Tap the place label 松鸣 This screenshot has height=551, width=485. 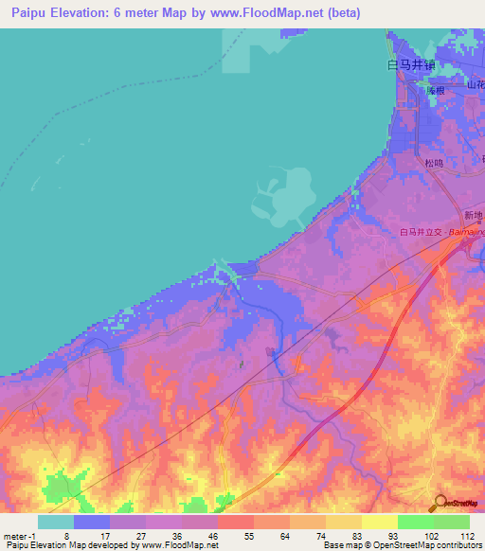point(433,163)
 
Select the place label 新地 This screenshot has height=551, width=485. point(473,214)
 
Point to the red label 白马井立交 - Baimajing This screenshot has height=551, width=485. point(441,232)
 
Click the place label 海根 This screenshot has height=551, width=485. point(435,90)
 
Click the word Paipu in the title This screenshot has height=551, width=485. point(31,11)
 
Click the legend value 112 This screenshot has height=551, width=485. point(468,535)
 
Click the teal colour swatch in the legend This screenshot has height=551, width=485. point(56,522)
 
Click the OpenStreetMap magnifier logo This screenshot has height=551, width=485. point(438,503)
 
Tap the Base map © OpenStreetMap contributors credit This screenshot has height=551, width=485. point(402,545)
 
